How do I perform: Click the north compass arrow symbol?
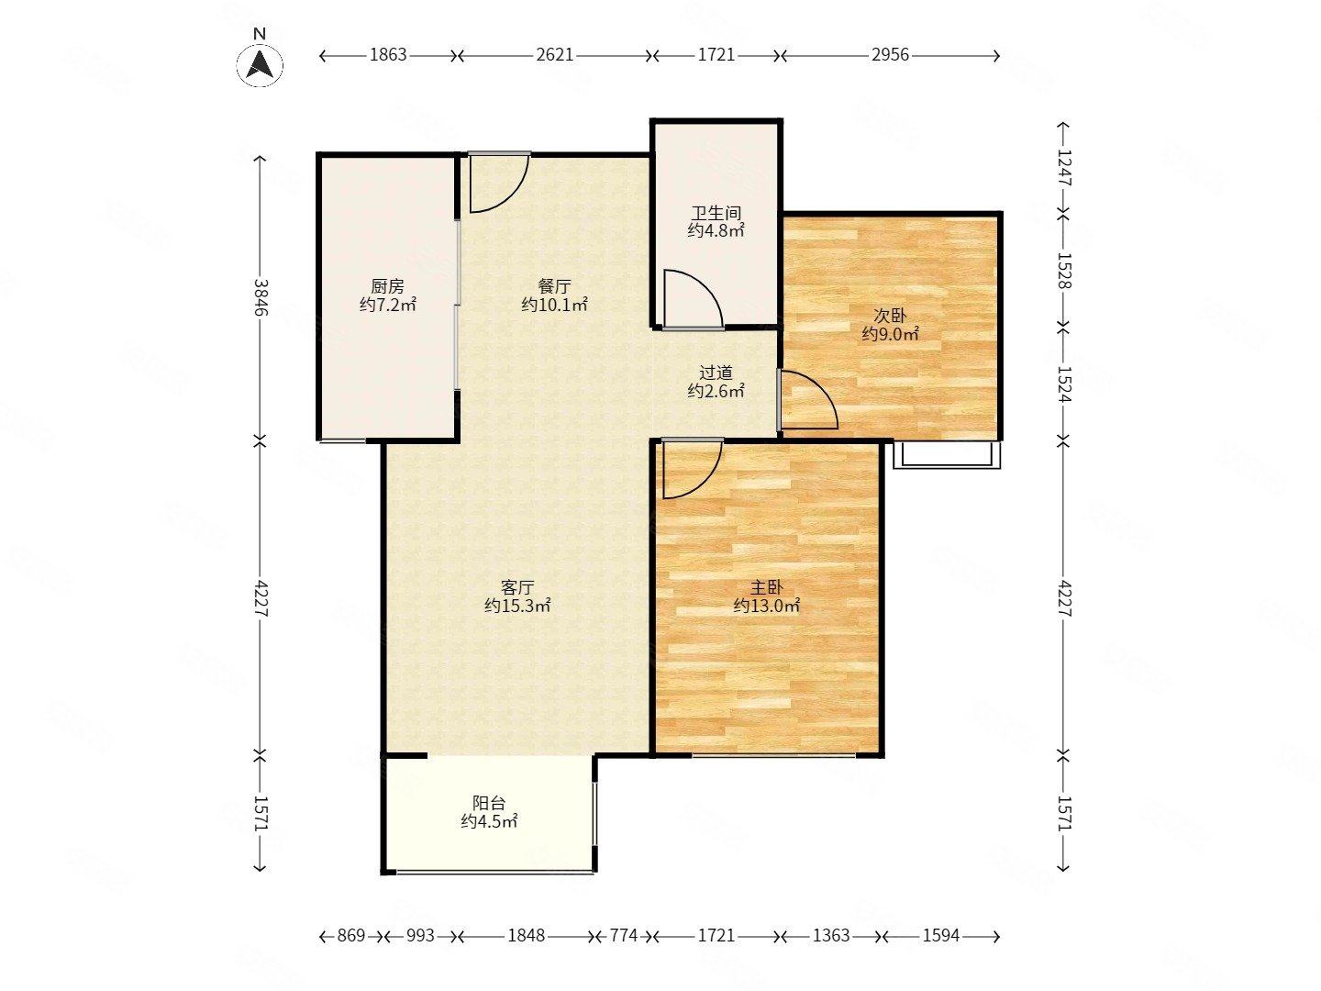point(260,65)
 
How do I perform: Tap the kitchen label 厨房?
point(387,285)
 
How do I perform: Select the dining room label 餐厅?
point(554,285)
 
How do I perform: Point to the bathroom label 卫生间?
point(716,213)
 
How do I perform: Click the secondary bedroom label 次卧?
point(890,316)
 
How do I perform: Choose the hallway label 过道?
point(716,373)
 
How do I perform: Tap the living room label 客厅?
point(517,587)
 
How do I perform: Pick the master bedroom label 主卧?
point(766,587)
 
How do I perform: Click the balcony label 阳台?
point(489,803)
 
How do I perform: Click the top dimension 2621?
point(554,55)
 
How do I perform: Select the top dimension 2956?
point(890,55)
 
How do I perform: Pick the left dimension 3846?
point(261,297)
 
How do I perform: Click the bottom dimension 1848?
point(526,936)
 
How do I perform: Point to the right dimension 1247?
point(1064,168)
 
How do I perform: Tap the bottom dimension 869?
point(350,936)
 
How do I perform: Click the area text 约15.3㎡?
point(517,606)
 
